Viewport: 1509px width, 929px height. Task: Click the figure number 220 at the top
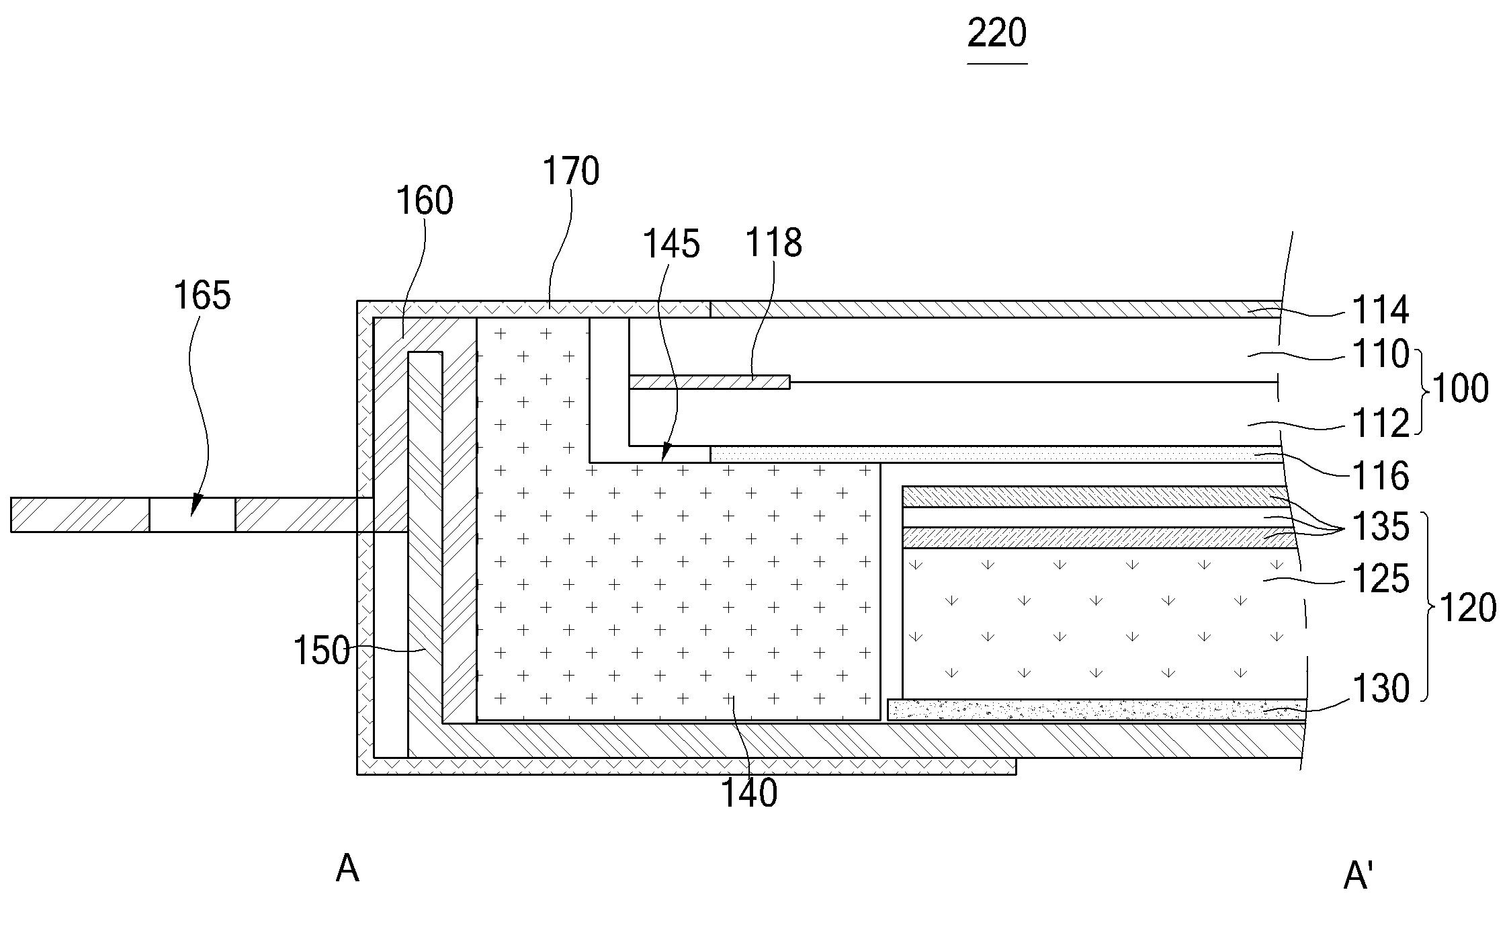(997, 34)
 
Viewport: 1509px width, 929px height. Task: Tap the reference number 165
(202, 296)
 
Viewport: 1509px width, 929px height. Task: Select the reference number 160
(425, 201)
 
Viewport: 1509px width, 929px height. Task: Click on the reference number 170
(571, 171)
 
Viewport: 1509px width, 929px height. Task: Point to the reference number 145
(672, 244)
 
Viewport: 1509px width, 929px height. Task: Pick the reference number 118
(773, 243)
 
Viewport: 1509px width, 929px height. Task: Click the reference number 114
(1380, 311)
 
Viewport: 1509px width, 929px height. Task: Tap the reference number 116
(1380, 476)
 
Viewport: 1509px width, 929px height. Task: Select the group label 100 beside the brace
(1461, 389)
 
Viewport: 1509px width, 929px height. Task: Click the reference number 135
(1380, 527)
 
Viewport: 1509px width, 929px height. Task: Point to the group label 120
(1468, 608)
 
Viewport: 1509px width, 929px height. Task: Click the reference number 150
(322, 651)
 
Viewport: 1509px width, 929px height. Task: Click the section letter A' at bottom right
(1358, 877)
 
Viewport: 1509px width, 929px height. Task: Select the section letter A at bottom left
(347, 869)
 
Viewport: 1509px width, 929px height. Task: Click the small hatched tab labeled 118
(709, 382)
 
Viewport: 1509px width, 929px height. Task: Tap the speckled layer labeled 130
(1095, 710)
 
